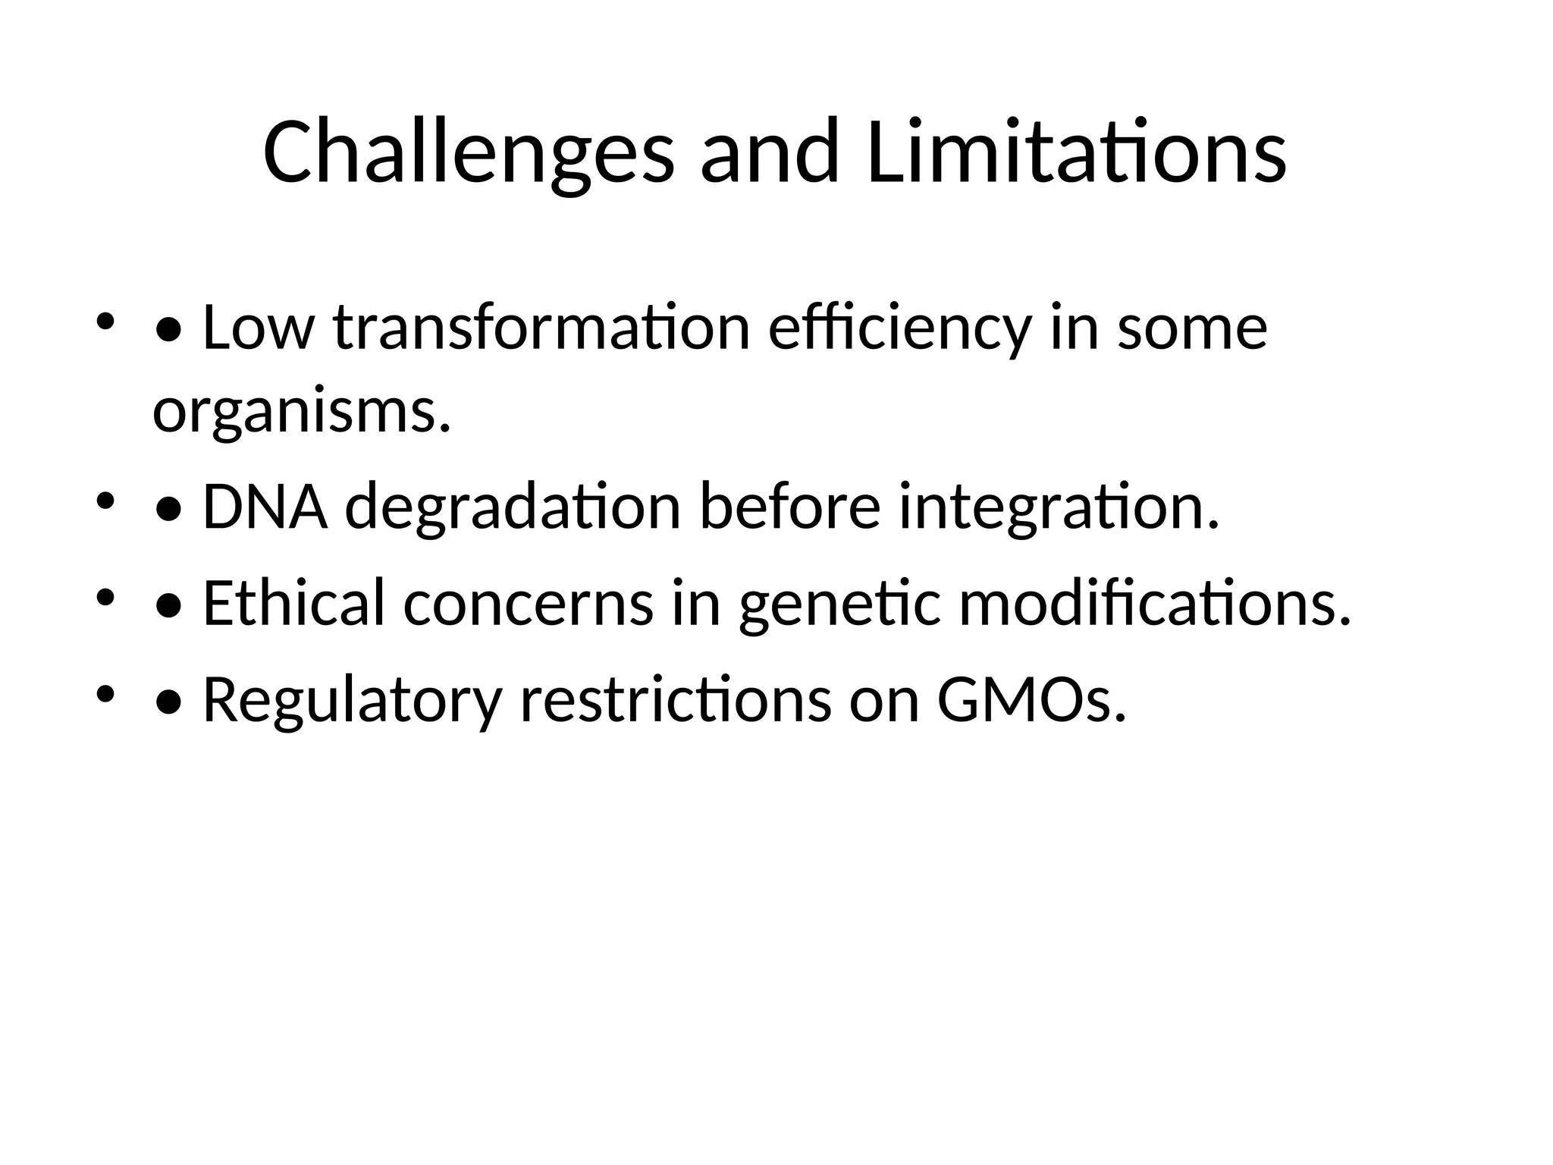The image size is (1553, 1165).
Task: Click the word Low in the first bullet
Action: tap(259, 328)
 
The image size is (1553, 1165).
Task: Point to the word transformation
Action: tap(541, 328)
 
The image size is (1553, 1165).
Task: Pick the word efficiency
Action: tap(900, 328)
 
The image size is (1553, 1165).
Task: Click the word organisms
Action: tap(301, 413)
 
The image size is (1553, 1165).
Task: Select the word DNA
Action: tap(265, 507)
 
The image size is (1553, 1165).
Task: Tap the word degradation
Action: tap(513, 507)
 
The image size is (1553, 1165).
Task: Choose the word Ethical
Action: tap(294, 603)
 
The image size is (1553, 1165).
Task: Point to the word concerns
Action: tap(528, 603)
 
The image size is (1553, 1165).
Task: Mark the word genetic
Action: tap(839, 603)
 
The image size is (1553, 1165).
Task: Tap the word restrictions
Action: tap(675, 699)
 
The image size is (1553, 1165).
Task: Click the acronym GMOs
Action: tap(1031, 699)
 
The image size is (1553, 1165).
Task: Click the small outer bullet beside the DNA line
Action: tap(105, 501)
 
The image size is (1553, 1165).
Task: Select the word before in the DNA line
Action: tap(789, 507)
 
